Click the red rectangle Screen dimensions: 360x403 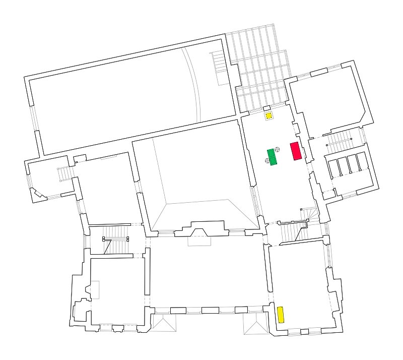click(x=296, y=151)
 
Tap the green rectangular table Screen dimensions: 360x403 click(x=273, y=157)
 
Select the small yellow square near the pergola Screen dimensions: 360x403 click(x=270, y=116)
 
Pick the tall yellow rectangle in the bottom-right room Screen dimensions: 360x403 click(x=281, y=314)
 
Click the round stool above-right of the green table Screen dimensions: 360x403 click(x=278, y=150)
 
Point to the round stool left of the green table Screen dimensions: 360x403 click(x=267, y=161)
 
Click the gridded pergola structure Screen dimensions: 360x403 click(x=257, y=66)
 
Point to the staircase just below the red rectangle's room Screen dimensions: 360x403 click(x=291, y=232)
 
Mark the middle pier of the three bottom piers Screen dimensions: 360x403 click(x=210, y=310)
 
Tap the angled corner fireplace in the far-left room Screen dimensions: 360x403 click(x=37, y=193)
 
